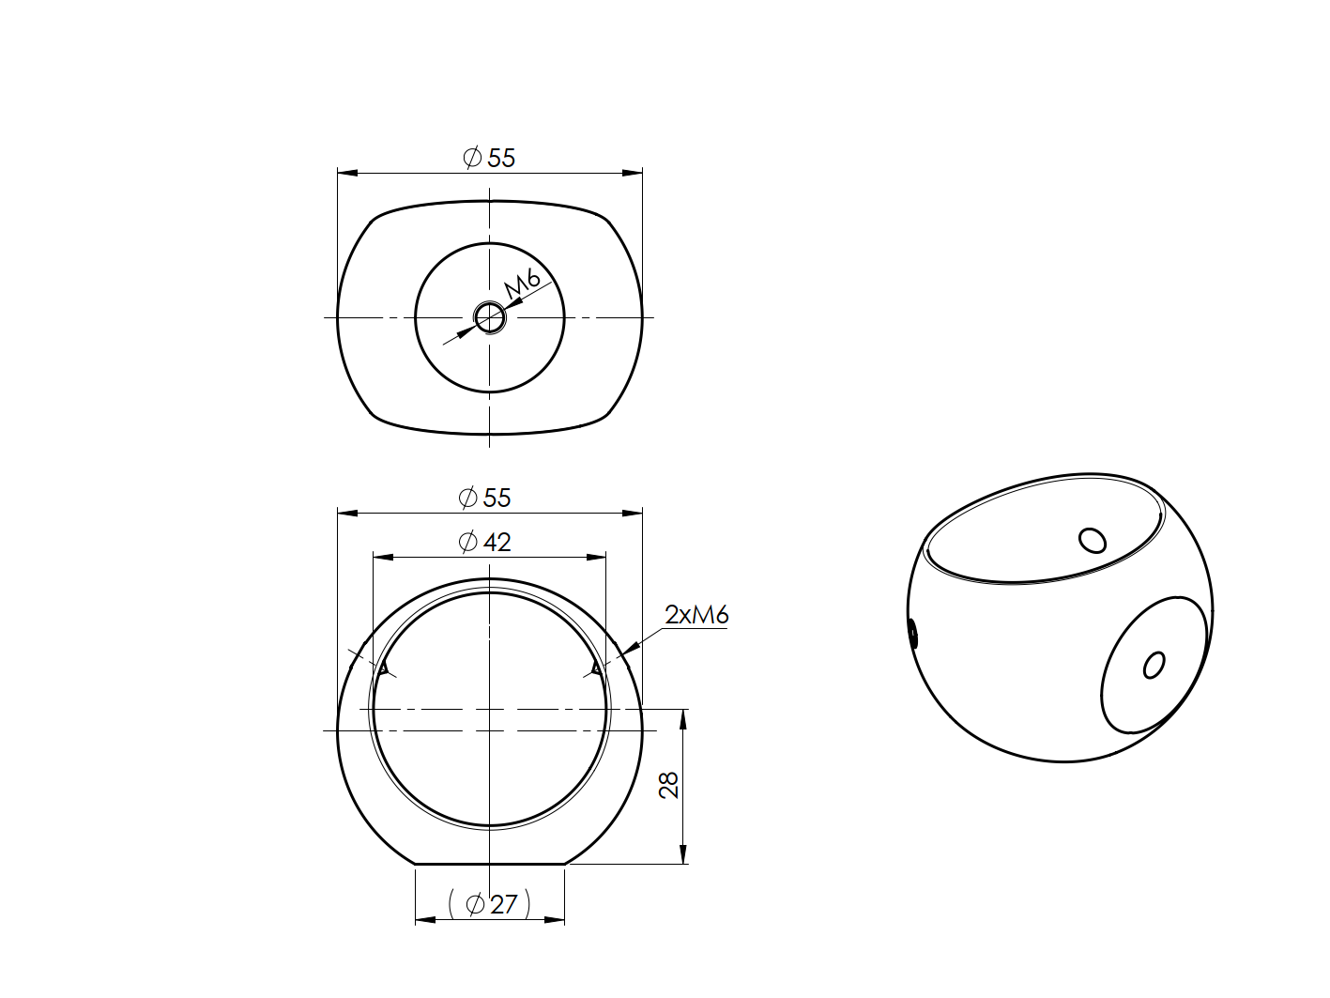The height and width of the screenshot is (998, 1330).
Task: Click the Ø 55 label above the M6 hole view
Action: pyautogui.click(x=489, y=158)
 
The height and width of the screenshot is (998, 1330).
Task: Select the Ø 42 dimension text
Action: pyautogui.click(x=485, y=542)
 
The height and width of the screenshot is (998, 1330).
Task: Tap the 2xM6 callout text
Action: pyautogui.click(x=696, y=615)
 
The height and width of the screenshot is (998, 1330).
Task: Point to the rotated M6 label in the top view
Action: pyautogui.click(x=522, y=283)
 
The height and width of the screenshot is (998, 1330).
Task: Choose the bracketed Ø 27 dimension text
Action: pyautogui.click(x=490, y=904)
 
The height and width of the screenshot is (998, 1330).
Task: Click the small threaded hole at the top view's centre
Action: pyautogui.click(x=489, y=317)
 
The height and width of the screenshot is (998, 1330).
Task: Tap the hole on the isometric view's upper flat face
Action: pyautogui.click(x=1093, y=540)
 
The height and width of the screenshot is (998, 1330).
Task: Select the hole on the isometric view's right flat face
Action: pyautogui.click(x=1154, y=666)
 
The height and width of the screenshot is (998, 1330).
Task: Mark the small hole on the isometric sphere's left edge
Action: pyautogui.click(x=913, y=635)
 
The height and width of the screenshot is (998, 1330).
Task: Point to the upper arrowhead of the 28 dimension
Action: pyautogui.click(x=682, y=717)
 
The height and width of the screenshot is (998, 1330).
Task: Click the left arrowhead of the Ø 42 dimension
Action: pyautogui.click(x=381, y=557)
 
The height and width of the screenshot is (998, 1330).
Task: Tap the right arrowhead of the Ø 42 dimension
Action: pyautogui.click(x=598, y=557)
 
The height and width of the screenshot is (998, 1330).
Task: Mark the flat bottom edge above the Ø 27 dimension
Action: pyautogui.click(x=489, y=864)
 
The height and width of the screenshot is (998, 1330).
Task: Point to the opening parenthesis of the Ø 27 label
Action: pyautogui.click(x=452, y=904)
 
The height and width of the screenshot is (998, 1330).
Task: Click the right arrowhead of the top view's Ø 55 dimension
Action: pyautogui.click(x=634, y=173)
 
